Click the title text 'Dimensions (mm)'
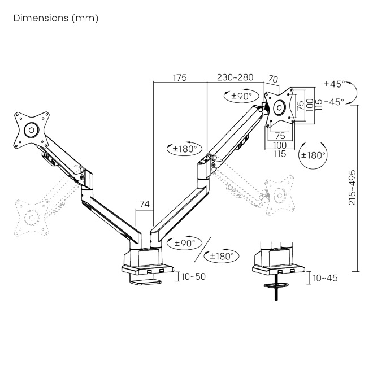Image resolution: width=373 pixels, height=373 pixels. pos(56,18)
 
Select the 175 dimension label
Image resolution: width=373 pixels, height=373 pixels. pos(180,78)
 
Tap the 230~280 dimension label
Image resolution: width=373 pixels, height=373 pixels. pos(235,77)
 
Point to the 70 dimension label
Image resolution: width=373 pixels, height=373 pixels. pos(273,79)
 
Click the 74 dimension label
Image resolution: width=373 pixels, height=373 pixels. pos(144,204)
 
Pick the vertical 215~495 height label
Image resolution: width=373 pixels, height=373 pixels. pos(352,188)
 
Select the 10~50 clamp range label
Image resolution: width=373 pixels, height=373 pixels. pos(193,277)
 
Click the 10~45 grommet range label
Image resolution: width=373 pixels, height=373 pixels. pos(325,278)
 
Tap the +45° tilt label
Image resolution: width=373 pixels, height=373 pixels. pos(335,84)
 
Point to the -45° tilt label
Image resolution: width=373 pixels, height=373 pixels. pos(334,102)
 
